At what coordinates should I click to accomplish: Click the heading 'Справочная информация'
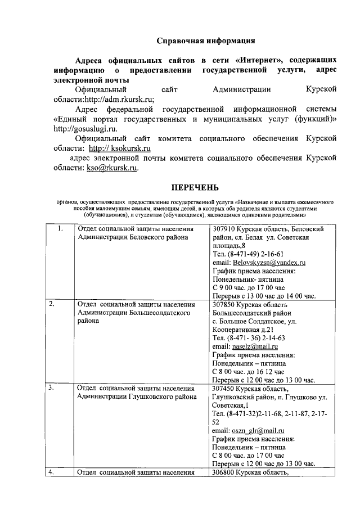[x=206, y=40]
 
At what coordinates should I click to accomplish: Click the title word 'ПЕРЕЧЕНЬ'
[x=195, y=187]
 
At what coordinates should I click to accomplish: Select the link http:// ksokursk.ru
[x=120, y=148]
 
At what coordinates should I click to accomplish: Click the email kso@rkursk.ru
[x=112, y=168]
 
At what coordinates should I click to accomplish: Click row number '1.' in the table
[x=60, y=229]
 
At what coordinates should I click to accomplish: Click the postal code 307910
[x=224, y=229]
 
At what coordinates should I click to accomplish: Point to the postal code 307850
[x=224, y=304]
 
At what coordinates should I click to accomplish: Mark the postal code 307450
[x=224, y=388]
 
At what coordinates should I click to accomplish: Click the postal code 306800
[x=224, y=472]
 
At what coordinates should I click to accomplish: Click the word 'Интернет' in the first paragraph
[x=259, y=60]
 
